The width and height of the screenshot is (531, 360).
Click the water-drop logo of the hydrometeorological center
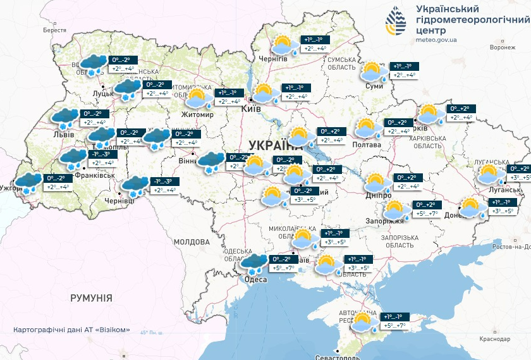click(398, 23)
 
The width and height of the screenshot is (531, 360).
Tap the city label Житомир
click(197, 115)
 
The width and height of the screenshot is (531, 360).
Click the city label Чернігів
click(273, 58)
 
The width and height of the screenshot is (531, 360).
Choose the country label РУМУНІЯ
click(92, 297)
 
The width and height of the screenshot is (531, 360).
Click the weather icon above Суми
click(373, 71)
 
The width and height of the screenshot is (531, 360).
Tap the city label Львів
click(64, 134)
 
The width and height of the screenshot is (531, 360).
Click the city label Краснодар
click(494, 340)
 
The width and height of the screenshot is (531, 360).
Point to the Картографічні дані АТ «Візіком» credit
click(71, 330)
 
